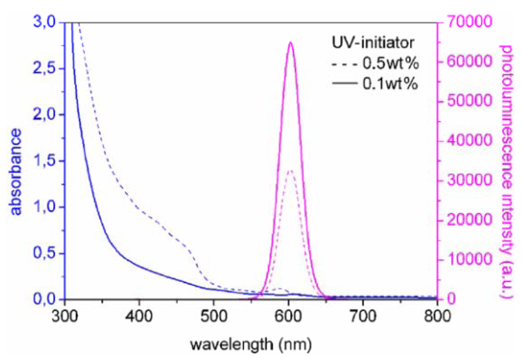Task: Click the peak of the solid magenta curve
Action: click(291, 43)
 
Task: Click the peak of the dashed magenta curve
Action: click(291, 170)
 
